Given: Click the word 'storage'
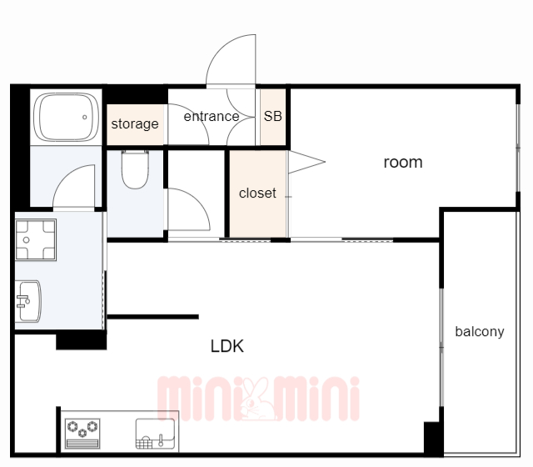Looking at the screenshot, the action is (x=135, y=124).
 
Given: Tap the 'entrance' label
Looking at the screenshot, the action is (x=212, y=117).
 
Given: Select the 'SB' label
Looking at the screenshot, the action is (x=273, y=117).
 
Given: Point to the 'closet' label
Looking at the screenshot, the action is (x=257, y=193).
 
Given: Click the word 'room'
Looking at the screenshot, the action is (x=403, y=163).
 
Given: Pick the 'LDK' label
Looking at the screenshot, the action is (x=227, y=346).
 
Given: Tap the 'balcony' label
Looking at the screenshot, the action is (x=480, y=332).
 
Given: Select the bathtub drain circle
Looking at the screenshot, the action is (x=84, y=117).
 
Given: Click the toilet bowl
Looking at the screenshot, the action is (x=135, y=169).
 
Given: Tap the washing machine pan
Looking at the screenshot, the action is (x=36, y=240).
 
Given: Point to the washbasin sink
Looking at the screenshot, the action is (x=29, y=301).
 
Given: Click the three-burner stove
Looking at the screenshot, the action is (x=82, y=434).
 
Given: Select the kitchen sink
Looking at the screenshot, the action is (x=156, y=434).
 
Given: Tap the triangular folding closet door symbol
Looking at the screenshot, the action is (x=306, y=162).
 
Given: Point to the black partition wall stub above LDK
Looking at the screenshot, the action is (x=153, y=317).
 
